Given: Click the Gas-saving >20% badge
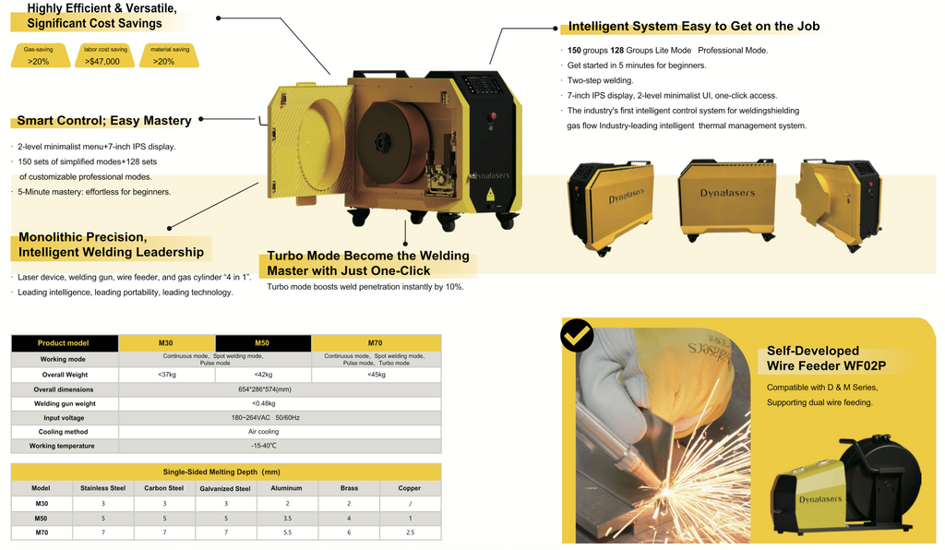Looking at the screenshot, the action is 40,55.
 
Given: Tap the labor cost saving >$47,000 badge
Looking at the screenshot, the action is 105,55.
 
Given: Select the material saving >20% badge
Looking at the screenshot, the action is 170,55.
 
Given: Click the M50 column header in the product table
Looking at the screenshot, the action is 263,342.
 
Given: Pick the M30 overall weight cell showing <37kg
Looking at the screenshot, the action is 167,375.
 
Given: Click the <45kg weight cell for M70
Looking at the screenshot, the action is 377,375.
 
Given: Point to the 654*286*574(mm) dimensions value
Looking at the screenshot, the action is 264,389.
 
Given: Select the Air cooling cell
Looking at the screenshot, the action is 263,431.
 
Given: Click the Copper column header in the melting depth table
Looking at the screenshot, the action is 409,488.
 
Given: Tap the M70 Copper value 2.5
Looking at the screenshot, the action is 410,532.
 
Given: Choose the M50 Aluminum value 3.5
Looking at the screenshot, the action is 287,518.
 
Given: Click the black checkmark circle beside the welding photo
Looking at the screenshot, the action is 577,335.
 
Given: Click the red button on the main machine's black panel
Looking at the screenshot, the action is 493,115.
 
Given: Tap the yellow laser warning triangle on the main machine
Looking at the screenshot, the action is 490,194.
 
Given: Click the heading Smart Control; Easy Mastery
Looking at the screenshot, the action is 104,121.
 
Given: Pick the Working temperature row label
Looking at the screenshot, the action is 62,446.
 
